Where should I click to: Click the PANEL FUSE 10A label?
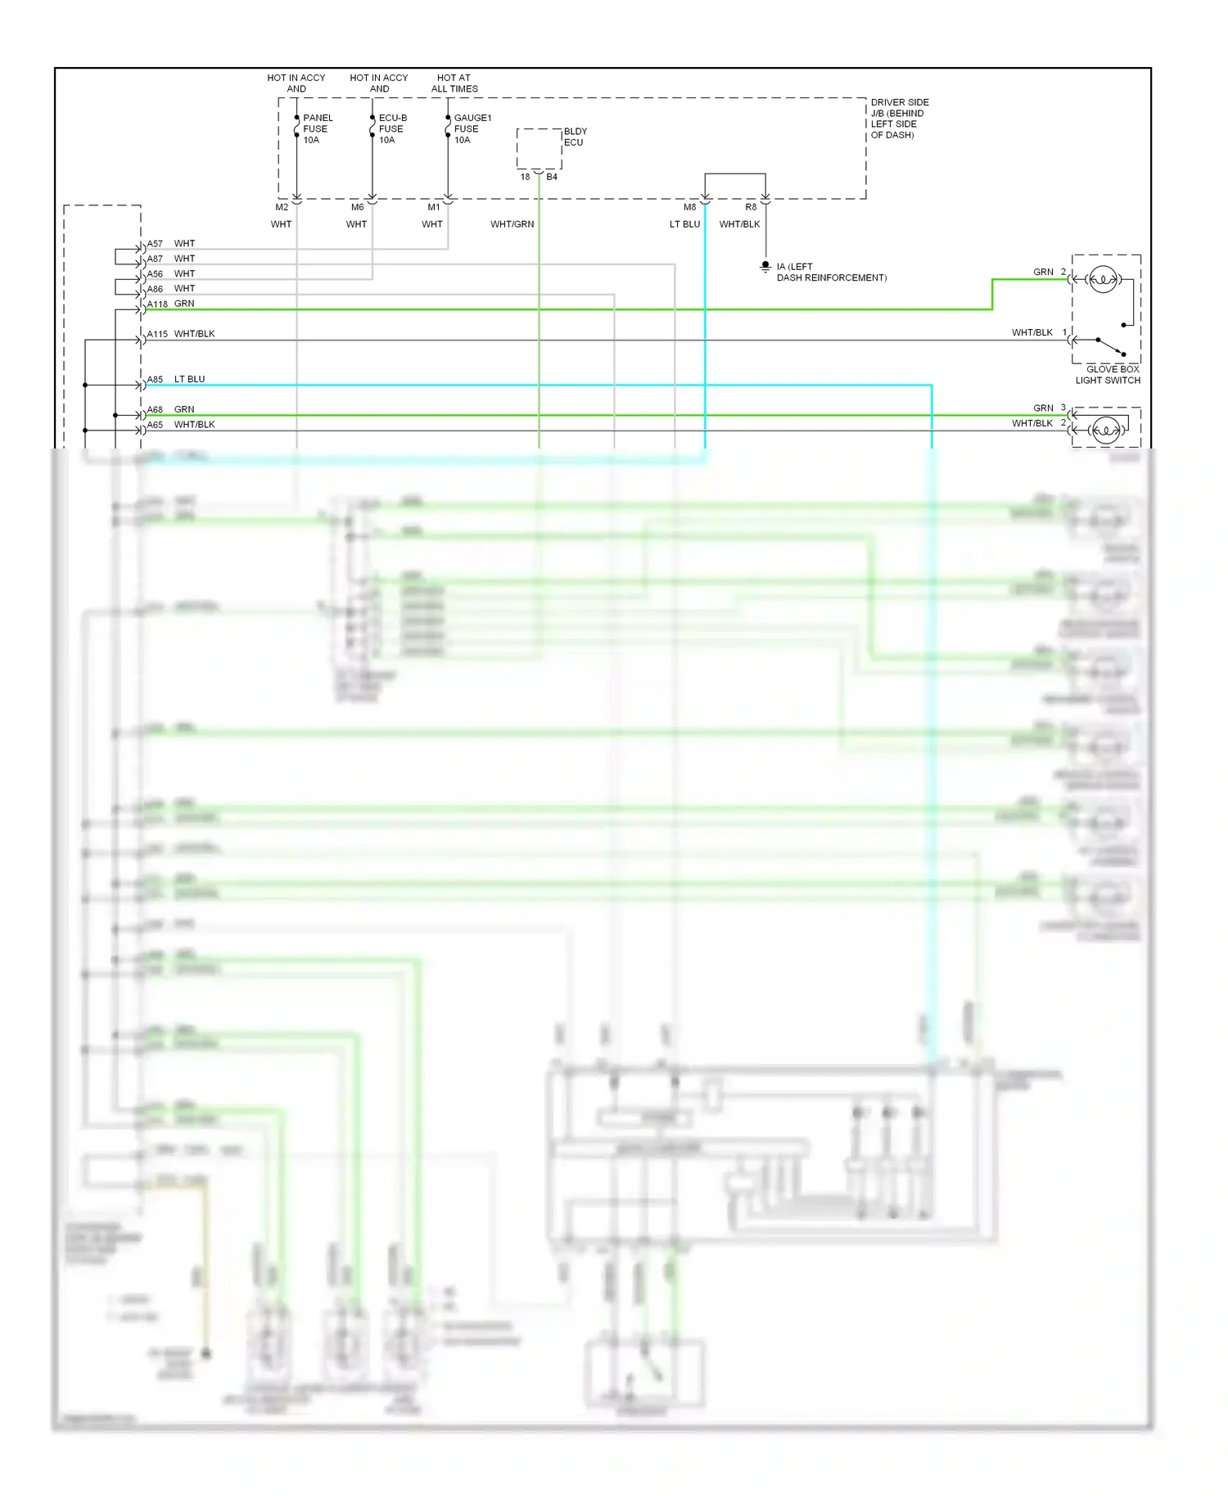(317, 129)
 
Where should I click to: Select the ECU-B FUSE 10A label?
(392, 129)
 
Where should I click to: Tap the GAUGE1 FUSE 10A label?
(472, 129)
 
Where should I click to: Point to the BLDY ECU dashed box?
(539, 149)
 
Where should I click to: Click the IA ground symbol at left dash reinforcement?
(765, 267)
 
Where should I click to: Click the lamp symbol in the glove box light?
(1103, 280)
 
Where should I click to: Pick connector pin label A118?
(157, 304)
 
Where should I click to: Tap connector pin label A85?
(155, 380)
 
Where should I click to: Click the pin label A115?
(157, 335)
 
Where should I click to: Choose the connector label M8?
(689, 208)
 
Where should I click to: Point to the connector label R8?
(751, 208)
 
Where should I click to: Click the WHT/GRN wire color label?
(512, 224)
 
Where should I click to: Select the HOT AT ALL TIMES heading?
(454, 83)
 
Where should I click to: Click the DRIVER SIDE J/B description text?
(899, 119)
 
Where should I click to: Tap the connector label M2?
(282, 208)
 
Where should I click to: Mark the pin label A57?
(155, 244)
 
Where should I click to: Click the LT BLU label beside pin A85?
(189, 380)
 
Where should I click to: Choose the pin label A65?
(155, 426)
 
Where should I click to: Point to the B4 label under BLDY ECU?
(552, 178)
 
